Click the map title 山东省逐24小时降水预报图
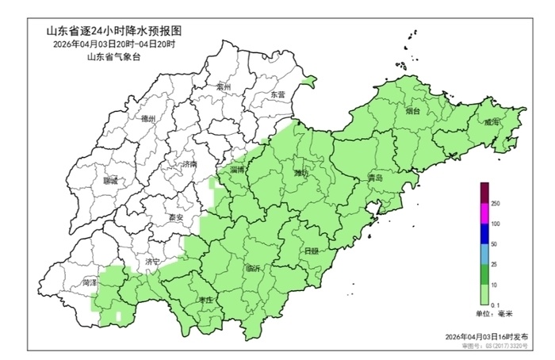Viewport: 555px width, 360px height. pyautogui.click(x=114, y=30)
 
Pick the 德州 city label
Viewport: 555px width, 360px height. pyautogui.click(x=148, y=118)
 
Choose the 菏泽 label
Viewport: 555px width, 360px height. pyautogui.click(x=89, y=281)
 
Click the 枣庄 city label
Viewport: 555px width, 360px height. pyautogui.click(x=207, y=300)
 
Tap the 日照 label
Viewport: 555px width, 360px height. pyautogui.click(x=312, y=251)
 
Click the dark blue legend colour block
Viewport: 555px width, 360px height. pyautogui.click(x=484, y=234)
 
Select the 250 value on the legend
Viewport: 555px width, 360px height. pyautogui.click(x=496, y=204)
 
